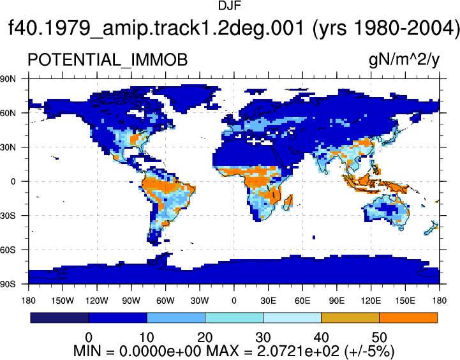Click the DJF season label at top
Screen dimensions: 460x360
tap(230, 6)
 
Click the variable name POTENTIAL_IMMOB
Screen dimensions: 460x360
tap(107, 60)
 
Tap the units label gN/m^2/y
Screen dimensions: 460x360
tap(404, 61)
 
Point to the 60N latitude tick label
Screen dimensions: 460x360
tap(8, 113)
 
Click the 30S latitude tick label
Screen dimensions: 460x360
tap(8, 216)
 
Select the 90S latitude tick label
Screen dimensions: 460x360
tap(8, 284)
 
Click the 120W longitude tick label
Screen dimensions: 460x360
tap(97, 301)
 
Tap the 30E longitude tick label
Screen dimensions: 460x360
tap(268, 301)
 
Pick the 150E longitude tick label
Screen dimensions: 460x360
tap(405, 301)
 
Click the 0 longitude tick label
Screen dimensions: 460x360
tap(234, 301)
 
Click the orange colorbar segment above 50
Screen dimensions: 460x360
tap(408, 318)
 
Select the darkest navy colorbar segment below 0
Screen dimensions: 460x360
tap(59, 318)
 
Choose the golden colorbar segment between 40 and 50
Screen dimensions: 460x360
tap(350, 318)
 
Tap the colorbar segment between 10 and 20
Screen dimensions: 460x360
tap(175, 318)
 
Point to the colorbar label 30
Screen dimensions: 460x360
tap(263, 338)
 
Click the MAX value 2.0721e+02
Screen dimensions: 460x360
tap(298, 351)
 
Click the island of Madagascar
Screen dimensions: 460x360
tap(288, 203)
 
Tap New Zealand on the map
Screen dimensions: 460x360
tap(431, 229)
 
